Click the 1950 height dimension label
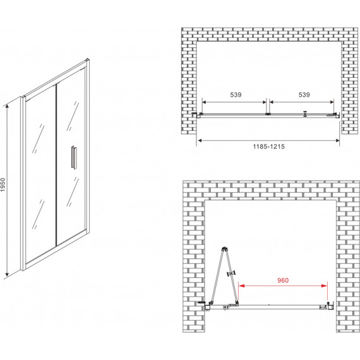(x=3, y=184)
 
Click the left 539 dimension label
(x=236, y=95)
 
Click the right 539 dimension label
(x=304, y=95)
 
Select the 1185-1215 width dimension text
(x=268, y=147)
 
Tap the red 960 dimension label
(x=283, y=280)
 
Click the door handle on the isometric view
(x=73, y=157)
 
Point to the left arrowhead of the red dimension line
(x=241, y=286)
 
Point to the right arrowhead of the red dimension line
(x=325, y=286)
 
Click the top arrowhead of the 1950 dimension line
(x=7, y=107)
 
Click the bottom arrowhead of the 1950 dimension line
(x=7, y=274)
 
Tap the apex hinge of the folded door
(x=224, y=249)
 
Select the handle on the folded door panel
(x=231, y=273)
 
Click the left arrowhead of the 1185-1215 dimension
(x=200, y=140)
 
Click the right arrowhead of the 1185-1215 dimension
(x=337, y=140)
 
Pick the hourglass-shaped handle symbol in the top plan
(x=305, y=114)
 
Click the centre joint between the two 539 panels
(x=268, y=114)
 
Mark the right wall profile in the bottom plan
(x=330, y=306)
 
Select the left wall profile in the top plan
(x=198, y=115)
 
